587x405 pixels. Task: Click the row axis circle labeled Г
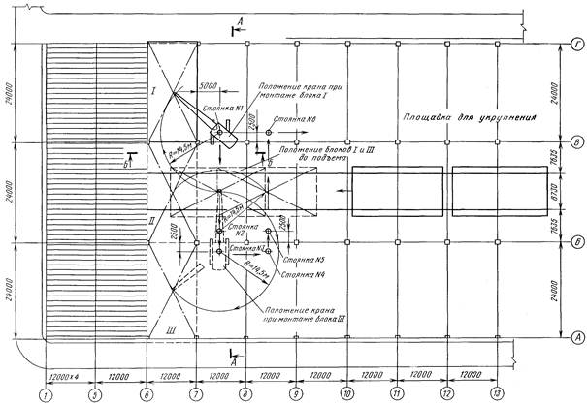tap(576, 44)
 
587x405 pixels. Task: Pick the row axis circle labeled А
tap(576, 337)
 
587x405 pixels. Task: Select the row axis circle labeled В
tap(576, 141)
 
